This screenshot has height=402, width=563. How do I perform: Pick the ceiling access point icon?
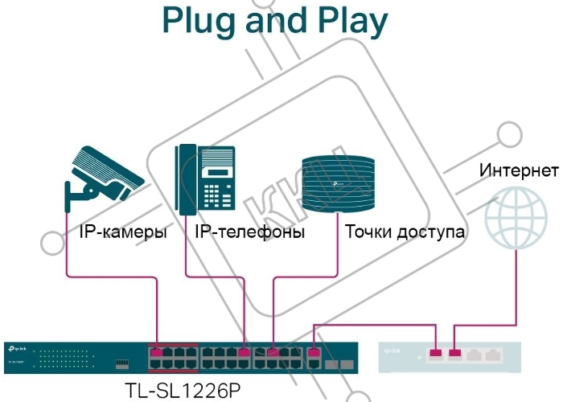(x=339, y=184)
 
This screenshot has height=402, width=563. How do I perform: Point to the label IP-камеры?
(x=123, y=233)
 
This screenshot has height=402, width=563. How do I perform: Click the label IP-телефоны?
(x=250, y=233)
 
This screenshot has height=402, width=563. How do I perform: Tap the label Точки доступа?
(x=405, y=233)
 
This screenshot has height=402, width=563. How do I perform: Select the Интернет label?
(x=518, y=170)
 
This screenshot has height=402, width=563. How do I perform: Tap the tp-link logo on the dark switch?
(x=18, y=348)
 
